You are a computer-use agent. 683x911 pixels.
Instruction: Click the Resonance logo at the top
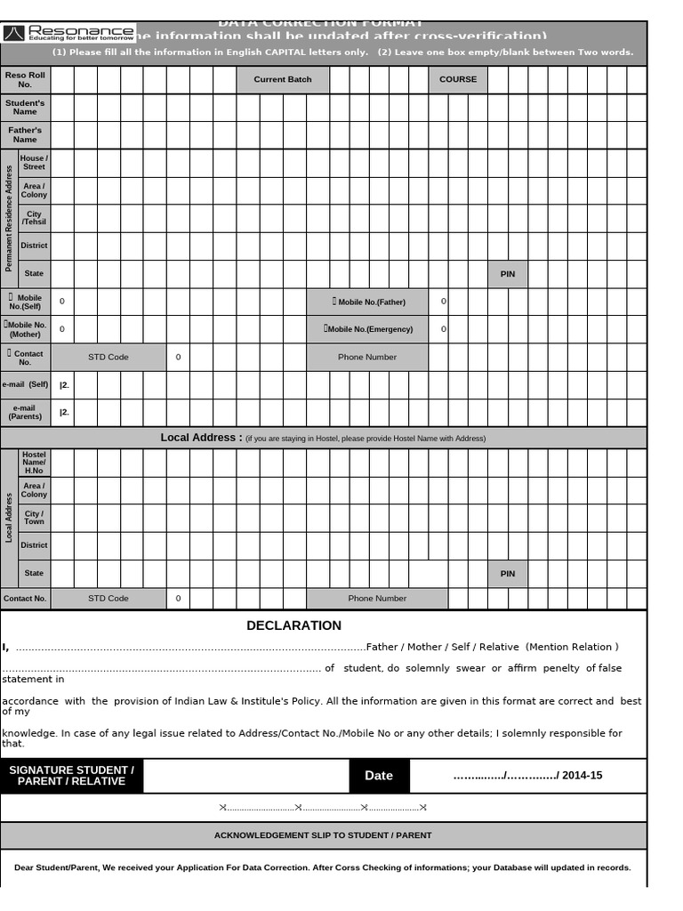[x=68, y=33]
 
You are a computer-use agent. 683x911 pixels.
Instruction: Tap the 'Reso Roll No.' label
[x=25, y=80]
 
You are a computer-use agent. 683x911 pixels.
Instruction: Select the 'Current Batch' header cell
[x=283, y=80]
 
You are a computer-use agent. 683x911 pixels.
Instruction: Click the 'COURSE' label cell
[x=458, y=80]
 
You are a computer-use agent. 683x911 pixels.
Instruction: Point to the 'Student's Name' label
[x=25, y=108]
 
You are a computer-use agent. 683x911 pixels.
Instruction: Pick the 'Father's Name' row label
[x=25, y=135]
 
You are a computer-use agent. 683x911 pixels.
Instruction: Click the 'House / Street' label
[x=34, y=163]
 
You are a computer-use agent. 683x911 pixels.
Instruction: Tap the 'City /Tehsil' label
[x=34, y=218]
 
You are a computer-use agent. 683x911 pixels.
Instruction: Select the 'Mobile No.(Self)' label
[x=25, y=302]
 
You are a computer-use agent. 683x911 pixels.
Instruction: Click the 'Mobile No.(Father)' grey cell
[x=367, y=302]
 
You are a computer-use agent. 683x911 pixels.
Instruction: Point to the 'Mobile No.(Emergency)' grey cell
[x=367, y=329]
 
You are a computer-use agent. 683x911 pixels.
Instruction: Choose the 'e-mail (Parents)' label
[x=25, y=412]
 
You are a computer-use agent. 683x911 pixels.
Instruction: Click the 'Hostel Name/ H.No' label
[x=34, y=463]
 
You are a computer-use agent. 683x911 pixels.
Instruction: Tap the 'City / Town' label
[x=34, y=518]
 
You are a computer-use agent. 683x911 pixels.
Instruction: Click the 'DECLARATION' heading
[x=293, y=625]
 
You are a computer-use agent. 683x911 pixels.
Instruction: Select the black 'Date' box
[x=379, y=776]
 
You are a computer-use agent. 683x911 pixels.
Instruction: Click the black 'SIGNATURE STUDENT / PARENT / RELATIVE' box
[x=71, y=776]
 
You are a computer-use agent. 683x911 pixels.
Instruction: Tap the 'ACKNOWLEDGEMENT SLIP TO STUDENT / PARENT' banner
[x=323, y=835]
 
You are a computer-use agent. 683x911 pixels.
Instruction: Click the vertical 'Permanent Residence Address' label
[x=9, y=218]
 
